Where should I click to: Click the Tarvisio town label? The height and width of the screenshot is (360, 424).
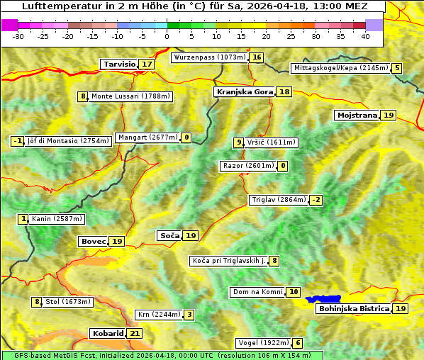pos(119,64)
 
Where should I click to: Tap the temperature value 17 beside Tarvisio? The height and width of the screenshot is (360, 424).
pos(147,64)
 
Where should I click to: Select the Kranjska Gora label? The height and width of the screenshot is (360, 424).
pos(244,92)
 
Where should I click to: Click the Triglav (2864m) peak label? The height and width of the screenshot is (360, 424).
pos(279,200)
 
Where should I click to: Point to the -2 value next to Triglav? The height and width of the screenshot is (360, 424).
pos(316,200)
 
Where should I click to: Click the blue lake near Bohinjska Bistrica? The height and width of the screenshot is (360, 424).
pos(323,299)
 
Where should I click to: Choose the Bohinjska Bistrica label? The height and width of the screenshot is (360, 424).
pos(353,309)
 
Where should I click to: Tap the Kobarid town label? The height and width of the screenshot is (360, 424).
pos(107,333)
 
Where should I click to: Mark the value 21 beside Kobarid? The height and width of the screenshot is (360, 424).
pos(135,333)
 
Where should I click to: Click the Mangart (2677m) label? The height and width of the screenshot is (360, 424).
pos(147,137)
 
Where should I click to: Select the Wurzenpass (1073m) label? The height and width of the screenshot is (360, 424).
pos(210,57)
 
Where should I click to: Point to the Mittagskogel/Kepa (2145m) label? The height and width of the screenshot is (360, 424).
pos(340,68)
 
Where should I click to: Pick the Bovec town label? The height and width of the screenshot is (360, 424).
pos(93,242)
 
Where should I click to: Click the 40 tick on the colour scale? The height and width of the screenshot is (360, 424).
pos(365,36)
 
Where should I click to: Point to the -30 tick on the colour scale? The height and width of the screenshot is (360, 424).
pos(18,36)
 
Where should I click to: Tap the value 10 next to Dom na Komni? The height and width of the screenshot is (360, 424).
pos(294,292)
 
